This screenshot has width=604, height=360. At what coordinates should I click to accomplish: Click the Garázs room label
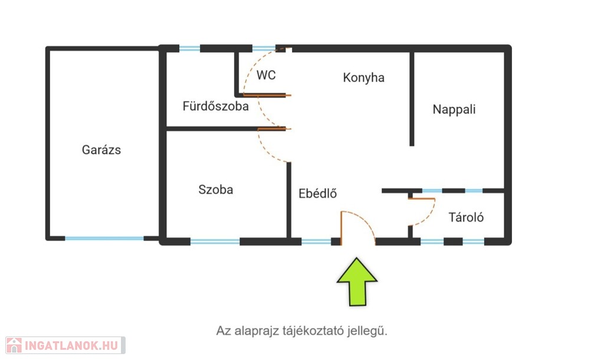(101, 149)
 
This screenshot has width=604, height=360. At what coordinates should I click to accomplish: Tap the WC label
(266, 75)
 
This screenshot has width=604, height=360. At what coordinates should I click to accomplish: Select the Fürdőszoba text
(216, 106)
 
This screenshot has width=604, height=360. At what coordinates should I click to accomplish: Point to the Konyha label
(363, 78)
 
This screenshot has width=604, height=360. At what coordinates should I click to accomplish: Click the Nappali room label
(454, 109)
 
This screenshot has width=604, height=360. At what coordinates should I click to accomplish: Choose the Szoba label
(216, 189)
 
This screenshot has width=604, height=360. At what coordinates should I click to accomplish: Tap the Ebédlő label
(318, 193)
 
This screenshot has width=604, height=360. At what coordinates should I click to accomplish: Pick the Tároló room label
(466, 217)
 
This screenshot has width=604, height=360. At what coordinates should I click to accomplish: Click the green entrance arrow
(357, 282)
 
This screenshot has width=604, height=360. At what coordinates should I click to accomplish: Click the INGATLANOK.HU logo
(65, 345)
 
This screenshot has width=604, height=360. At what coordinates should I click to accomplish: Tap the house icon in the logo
(14, 345)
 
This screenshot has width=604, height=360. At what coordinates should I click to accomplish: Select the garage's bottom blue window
(104, 238)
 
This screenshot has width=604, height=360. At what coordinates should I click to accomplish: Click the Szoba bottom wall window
(215, 241)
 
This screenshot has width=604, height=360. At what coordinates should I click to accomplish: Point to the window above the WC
(264, 48)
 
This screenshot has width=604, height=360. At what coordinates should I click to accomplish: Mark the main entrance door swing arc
(362, 221)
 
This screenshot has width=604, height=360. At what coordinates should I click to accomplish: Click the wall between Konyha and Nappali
(412, 99)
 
